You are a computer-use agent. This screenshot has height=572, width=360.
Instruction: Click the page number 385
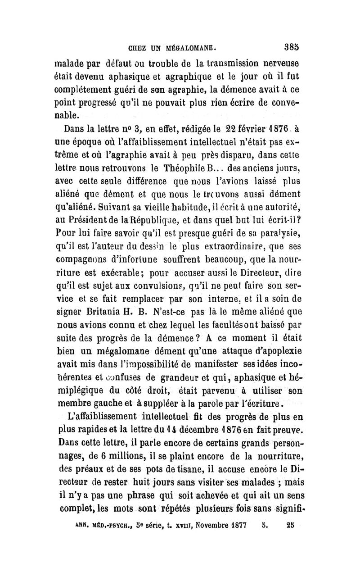291,45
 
